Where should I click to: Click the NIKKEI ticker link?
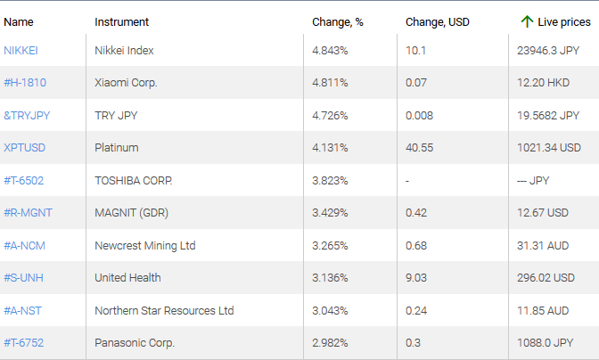click(x=21, y=50)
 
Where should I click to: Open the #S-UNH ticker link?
click(x=23, y=278)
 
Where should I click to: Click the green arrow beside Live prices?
click(x=527, y=21)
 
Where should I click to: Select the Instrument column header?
click(x=121, y=21)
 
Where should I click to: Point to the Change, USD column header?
click(x=437, y=21)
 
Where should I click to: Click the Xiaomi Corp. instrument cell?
click(x=126, y=83)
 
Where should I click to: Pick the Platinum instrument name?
click(x=116, y=148)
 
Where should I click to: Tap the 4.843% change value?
click(x=330, y=50)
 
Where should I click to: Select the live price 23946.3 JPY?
click(x=548, y=50)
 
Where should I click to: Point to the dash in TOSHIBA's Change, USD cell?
click(x=406, y=180)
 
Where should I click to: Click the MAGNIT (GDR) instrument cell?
click(x=129, y=213)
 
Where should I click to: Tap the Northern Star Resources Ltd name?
click(x=164, y=310)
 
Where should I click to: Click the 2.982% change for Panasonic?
click(x=330, y=343)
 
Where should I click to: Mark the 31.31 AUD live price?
click(x=543, y=245)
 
